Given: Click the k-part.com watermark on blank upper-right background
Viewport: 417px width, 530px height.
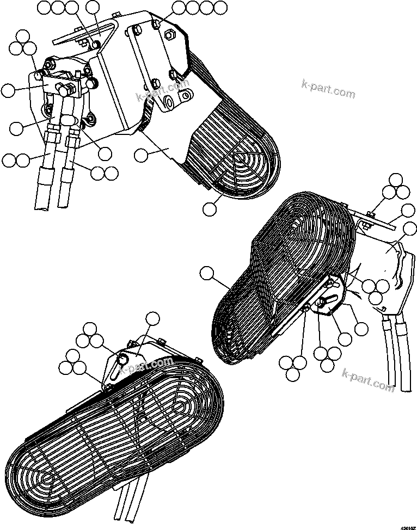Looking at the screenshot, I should click(328, 90).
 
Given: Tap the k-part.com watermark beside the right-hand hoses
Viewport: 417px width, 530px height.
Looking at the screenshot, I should click(369, 379).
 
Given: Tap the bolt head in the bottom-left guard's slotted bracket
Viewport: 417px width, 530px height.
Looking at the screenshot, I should click(123, 358).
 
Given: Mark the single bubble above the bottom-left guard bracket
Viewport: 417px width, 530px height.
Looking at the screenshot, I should click(153, 318).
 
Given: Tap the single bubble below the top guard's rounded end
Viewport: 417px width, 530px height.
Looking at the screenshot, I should click(210, 208).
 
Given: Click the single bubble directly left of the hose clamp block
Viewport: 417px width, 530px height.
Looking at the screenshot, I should click(9, 90).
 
